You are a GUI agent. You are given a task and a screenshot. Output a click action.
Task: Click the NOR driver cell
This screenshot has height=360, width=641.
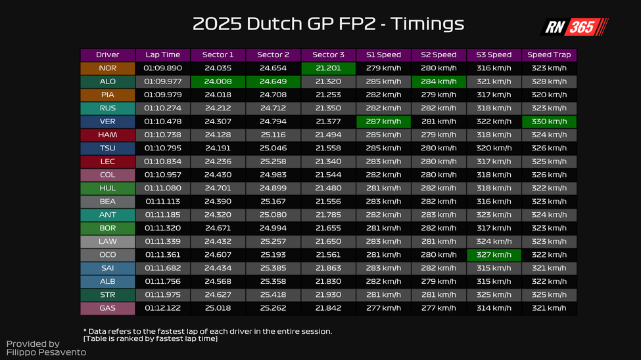[107, 68]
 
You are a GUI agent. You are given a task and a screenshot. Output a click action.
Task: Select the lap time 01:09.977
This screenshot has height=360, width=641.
[163, 82]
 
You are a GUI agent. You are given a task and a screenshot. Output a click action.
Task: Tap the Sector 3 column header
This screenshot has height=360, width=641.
[328, 55]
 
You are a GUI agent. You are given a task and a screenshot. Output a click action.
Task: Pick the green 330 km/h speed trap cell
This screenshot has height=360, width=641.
[549, 122]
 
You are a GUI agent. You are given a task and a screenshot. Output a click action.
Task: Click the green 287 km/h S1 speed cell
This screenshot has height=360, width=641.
[384, 122]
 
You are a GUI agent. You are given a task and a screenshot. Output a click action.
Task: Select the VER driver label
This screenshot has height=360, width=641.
[107, 122]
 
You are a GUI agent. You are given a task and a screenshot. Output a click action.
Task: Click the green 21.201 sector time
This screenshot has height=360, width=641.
[328, 68]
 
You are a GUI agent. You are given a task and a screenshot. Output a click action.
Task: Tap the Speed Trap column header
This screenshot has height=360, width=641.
[549, 55]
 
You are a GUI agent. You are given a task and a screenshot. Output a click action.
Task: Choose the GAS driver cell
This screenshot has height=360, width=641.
[107, 308]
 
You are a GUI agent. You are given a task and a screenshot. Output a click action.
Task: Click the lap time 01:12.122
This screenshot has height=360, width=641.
[163, 308]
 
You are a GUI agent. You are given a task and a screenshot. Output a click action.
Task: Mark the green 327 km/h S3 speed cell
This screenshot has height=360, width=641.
[494, 255]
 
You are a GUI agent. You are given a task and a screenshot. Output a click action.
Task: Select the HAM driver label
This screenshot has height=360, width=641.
[107, 135]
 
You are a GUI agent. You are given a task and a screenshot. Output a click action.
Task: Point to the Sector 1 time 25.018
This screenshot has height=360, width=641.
[218, 308]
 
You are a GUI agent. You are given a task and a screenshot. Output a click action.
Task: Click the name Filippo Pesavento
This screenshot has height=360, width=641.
[46, 353]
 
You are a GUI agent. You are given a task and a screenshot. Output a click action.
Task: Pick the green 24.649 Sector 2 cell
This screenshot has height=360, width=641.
[273, 82]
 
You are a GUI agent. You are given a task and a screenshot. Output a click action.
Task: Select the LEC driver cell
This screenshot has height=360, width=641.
[107, 162]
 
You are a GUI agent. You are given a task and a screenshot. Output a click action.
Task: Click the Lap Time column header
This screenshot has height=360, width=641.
[163, 55]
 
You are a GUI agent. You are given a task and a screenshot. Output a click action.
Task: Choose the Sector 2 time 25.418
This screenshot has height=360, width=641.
[273, 295]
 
